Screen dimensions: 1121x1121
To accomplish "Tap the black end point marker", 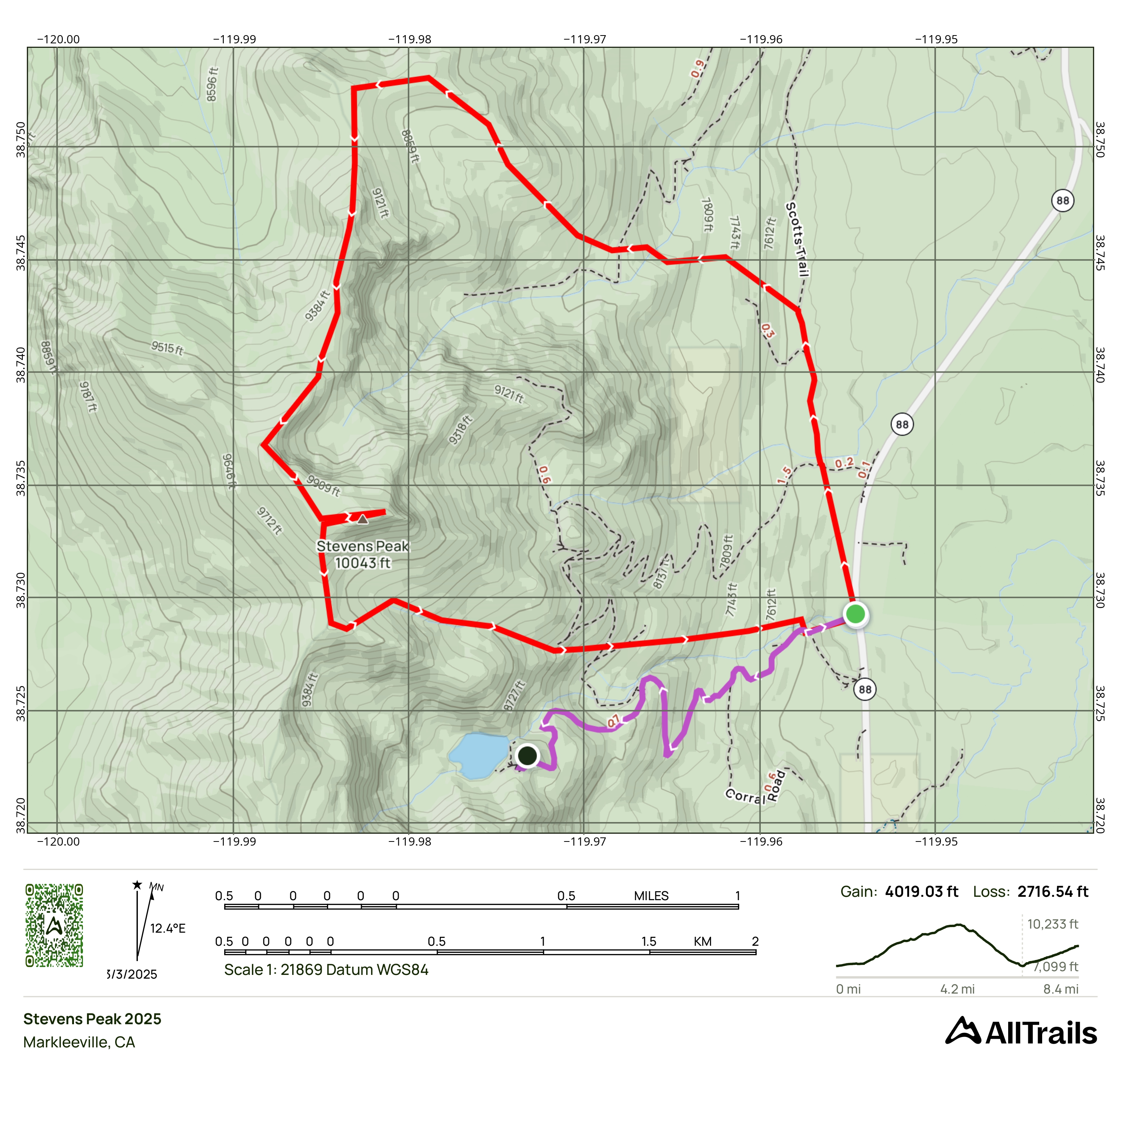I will pyautogui.click(x=527, y=756).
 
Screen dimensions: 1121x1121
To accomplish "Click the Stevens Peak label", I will pyautogui.click(x=362, y=554).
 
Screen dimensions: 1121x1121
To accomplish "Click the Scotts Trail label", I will pyautogui.click(x=797, y=239).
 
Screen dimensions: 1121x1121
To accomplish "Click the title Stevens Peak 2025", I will pyautogui.click(x=92, y=1019).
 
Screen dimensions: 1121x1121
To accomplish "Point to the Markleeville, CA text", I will pyautogui.click(x=79, y=1042).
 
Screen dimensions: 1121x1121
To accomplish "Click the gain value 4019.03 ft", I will pyautogui.click(x=921, y=892).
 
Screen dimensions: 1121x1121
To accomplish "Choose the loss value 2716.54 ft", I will pyautogui.click(x=1053, y=892).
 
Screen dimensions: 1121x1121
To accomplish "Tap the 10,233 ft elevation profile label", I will pyautogui.click(x=1053, y=924).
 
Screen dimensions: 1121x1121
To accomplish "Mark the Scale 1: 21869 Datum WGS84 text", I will pyautogui.click(x=326, y=970).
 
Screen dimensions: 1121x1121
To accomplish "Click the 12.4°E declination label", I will pyautogui.click(x=168, y=928).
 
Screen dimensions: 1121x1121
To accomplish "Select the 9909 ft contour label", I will pyautogui.click(x=323, y=485).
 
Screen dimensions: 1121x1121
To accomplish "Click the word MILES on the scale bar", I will pyautogui.click(x=651, y=896).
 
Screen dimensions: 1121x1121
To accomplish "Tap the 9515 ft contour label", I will pyautogui.click(x=167, y=348).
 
